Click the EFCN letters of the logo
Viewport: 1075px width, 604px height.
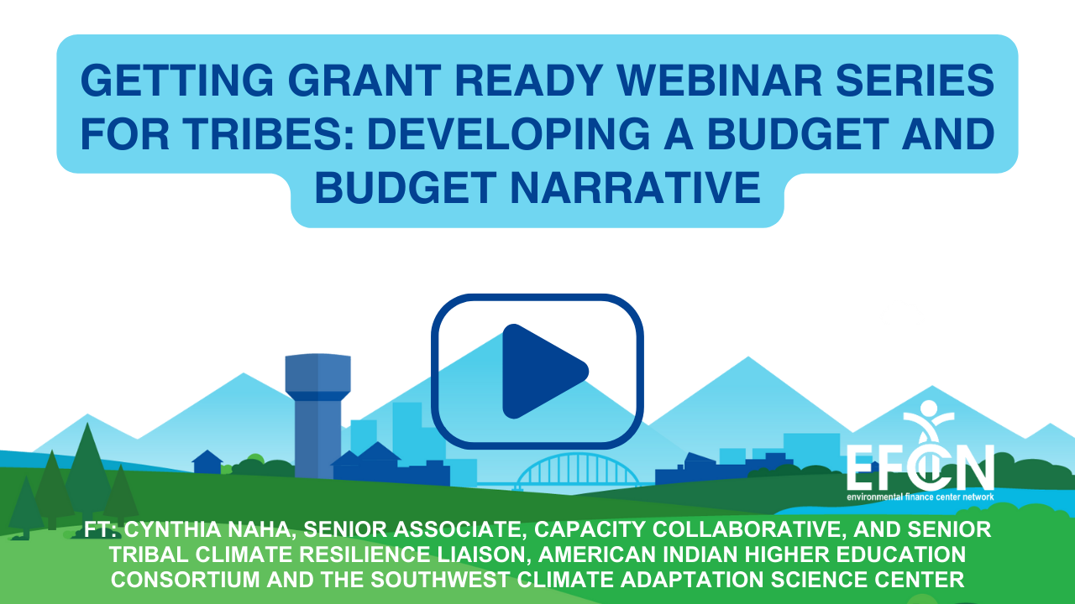(x=920, y=467)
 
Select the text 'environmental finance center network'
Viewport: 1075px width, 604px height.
(x=920, y=497)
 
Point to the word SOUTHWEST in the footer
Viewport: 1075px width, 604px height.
(x=439, y=580)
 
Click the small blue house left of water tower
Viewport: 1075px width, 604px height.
(x=207, y=462)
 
